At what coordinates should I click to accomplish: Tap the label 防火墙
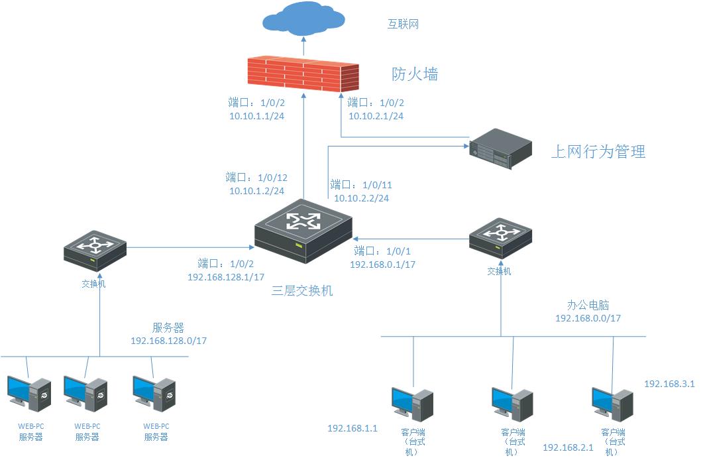pos(415,74)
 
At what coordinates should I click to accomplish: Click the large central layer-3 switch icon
pos(303,229)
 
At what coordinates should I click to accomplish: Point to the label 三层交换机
pos(302,290)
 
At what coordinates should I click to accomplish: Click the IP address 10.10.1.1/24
pos(257,116)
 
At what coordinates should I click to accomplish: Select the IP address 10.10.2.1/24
pos(376,116)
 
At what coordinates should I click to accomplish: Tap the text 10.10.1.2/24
pos(257,191)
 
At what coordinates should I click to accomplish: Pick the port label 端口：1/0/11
pos(362,185)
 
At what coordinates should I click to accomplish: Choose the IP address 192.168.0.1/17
pos(382,264)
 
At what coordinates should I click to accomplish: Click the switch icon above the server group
pos(95,249)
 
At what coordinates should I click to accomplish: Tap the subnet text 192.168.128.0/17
pos(169,341)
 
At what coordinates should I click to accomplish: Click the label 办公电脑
pos(588,306)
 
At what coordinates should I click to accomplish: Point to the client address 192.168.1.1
pos(352,428)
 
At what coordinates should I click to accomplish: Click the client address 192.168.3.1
pos(669,384)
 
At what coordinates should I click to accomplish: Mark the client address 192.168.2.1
pos(568,447)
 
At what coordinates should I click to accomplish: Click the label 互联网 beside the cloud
pos(404,25)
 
